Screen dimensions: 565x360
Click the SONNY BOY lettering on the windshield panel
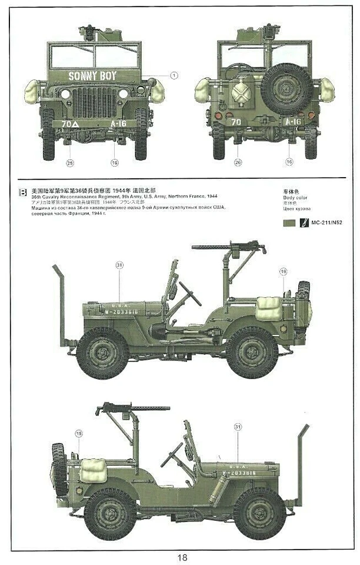(x=93, y=75)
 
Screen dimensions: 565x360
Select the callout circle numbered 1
(x=174, y=75)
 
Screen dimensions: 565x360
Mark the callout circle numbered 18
(x=79, y=433)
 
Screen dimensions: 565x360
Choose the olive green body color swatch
(x=288, y=223)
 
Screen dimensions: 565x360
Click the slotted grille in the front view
(x=94, y=102)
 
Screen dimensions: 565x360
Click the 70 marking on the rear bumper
(x=235, y=122)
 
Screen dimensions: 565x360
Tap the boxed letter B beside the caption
(x=23, y=191)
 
